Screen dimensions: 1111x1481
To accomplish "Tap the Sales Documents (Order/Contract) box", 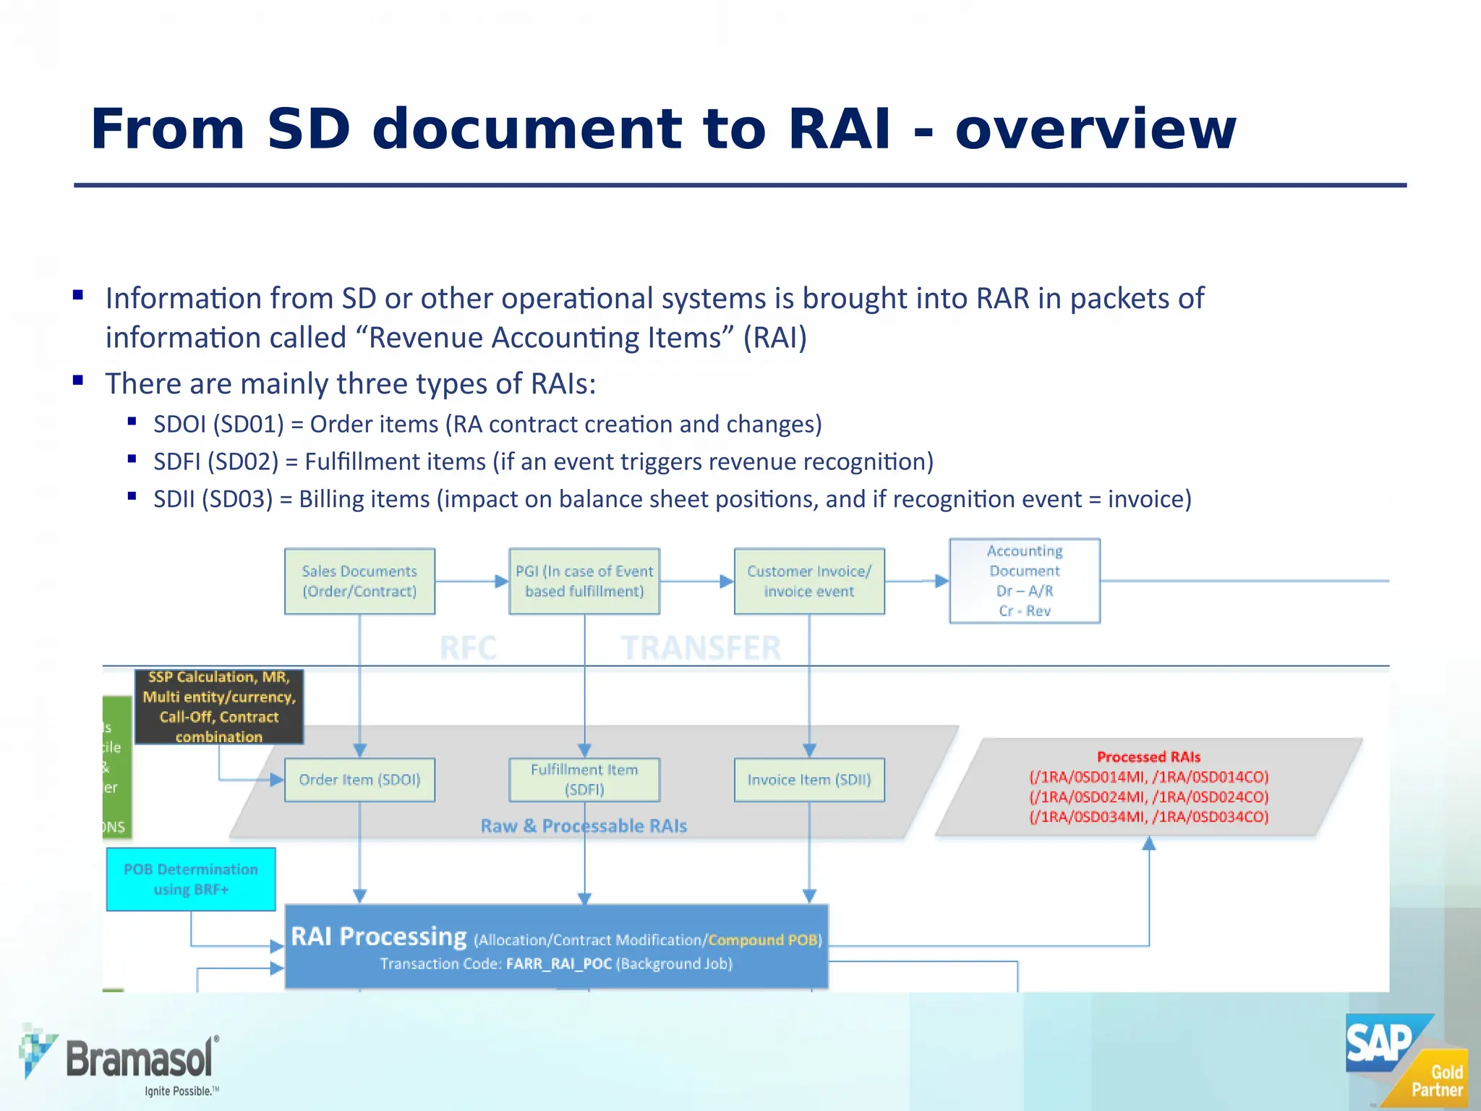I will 359,581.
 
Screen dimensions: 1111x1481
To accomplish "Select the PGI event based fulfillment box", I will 584,581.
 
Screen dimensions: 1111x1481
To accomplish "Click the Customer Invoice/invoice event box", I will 809,581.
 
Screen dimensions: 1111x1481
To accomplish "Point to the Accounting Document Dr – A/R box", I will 1025,580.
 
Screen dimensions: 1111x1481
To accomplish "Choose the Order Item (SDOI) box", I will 359,780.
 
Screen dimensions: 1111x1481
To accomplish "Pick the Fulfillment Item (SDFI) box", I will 584,780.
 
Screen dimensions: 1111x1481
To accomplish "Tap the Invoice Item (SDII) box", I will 809,780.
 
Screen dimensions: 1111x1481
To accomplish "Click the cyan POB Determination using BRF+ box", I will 191,879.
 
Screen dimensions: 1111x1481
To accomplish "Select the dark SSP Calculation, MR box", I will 219,707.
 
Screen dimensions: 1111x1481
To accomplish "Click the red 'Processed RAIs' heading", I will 1148,757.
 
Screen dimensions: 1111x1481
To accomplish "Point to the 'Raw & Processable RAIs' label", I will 584,826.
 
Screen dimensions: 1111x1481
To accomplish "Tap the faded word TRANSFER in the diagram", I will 701,647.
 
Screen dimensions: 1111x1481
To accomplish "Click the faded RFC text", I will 468,647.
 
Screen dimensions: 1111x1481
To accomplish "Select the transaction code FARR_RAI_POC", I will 559,963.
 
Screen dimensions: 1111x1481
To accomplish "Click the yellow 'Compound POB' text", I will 762,940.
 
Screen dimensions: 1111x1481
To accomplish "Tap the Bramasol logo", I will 119,1059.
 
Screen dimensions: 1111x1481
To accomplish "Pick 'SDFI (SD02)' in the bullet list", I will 215,461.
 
